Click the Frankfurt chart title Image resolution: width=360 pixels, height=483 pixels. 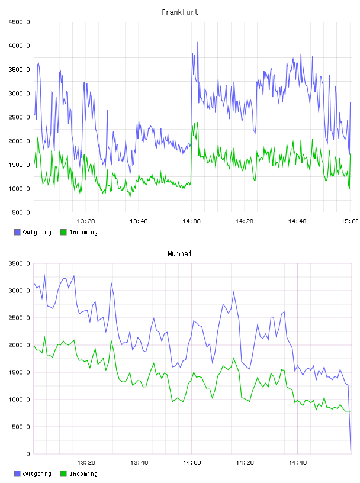(180, 12)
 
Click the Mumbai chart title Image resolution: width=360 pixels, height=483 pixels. (179, 253)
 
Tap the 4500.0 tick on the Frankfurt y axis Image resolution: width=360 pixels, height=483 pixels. (20, 22)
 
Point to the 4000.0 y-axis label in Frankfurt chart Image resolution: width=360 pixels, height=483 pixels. (20, 46)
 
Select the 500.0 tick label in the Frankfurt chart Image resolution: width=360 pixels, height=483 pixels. (21, 212)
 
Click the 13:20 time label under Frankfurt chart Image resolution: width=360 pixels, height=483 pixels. (86, 221)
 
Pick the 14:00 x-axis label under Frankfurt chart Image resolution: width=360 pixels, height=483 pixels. (191, 221)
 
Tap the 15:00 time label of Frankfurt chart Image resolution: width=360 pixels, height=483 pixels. (350, 221)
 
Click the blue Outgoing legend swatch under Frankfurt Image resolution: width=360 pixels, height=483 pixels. (17, 232)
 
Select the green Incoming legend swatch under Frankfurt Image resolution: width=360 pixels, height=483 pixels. (63, 232)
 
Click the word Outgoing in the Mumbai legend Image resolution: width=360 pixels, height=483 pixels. (37, 474)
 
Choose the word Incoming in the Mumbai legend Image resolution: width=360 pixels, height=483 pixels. (83, 474)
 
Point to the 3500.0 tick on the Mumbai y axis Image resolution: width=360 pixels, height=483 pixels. (20, 263)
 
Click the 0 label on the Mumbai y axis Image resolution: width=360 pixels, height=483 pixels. (28, 454)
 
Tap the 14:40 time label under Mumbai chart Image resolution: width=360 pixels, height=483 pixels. (297, 462)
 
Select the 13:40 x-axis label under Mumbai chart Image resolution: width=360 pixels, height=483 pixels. (139, 462)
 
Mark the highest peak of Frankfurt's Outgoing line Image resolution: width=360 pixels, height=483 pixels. (198, 42)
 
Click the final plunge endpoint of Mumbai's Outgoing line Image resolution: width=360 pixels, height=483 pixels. (351, 450)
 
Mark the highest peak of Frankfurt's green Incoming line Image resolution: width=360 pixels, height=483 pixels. (198, 123)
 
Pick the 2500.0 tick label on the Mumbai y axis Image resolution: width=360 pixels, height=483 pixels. (20, 318)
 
